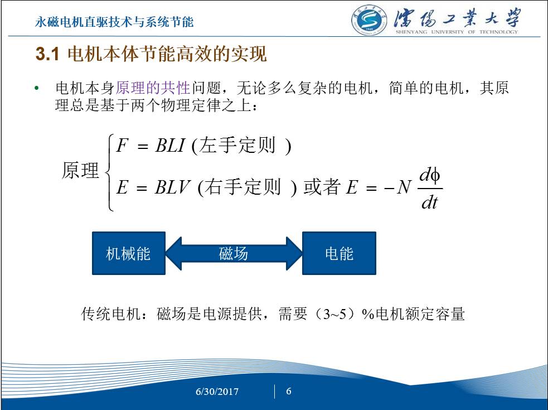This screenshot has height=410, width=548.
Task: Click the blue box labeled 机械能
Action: [x=129, y=253]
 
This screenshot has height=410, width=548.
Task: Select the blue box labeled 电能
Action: [x=339, y=253]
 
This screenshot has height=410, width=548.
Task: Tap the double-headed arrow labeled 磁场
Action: [x=234, y=253]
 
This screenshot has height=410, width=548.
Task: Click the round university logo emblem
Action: [x=368, y=21]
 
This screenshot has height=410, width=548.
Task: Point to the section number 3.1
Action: [x=47, y=54]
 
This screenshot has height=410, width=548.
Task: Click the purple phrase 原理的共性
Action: [x=153, y=88]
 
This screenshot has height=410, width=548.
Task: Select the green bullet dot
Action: [x=37, y=88]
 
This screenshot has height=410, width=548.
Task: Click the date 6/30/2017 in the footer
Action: [x=217, y=391]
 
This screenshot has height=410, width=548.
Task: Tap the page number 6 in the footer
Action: [x=289, y=391]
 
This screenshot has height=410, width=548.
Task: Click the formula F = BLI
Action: [x=151, y=145]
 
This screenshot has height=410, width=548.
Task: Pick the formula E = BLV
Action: [x=153, y=186]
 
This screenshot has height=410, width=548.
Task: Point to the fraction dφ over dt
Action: [x=430, y=189]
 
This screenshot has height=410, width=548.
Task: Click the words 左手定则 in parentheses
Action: [x=237, y=145]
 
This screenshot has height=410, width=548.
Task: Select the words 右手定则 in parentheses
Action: [x=243, y=186]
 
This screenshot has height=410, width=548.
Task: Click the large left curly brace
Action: [x=109, y=172]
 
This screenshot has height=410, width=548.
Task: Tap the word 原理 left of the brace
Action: [x=80, y=170]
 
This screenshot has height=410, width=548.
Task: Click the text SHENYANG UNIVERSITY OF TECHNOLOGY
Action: [x=457, y=32]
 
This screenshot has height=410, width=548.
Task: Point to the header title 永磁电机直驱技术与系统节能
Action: [x=114, y=22]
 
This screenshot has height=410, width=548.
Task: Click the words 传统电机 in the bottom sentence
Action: [x=111, y=314]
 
